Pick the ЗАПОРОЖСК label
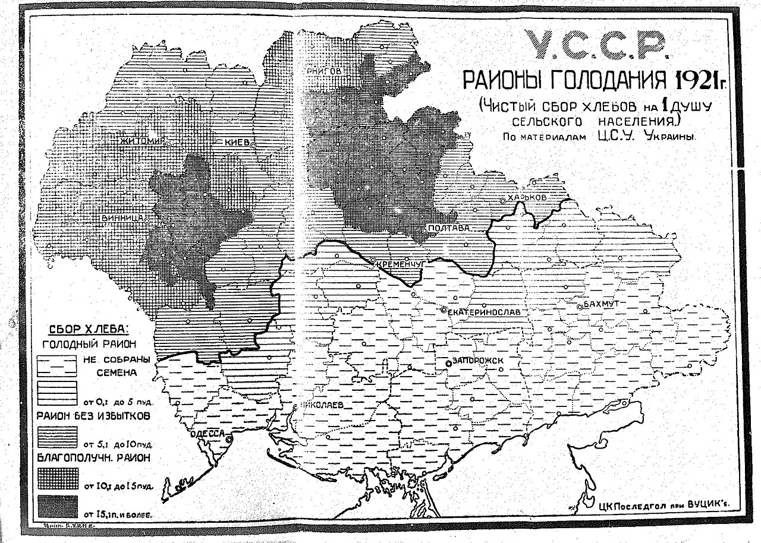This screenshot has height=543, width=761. tap(479, 360)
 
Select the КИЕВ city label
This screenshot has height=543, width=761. tap(236, 143)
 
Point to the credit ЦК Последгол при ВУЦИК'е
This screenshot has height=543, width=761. tap(663, 504)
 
